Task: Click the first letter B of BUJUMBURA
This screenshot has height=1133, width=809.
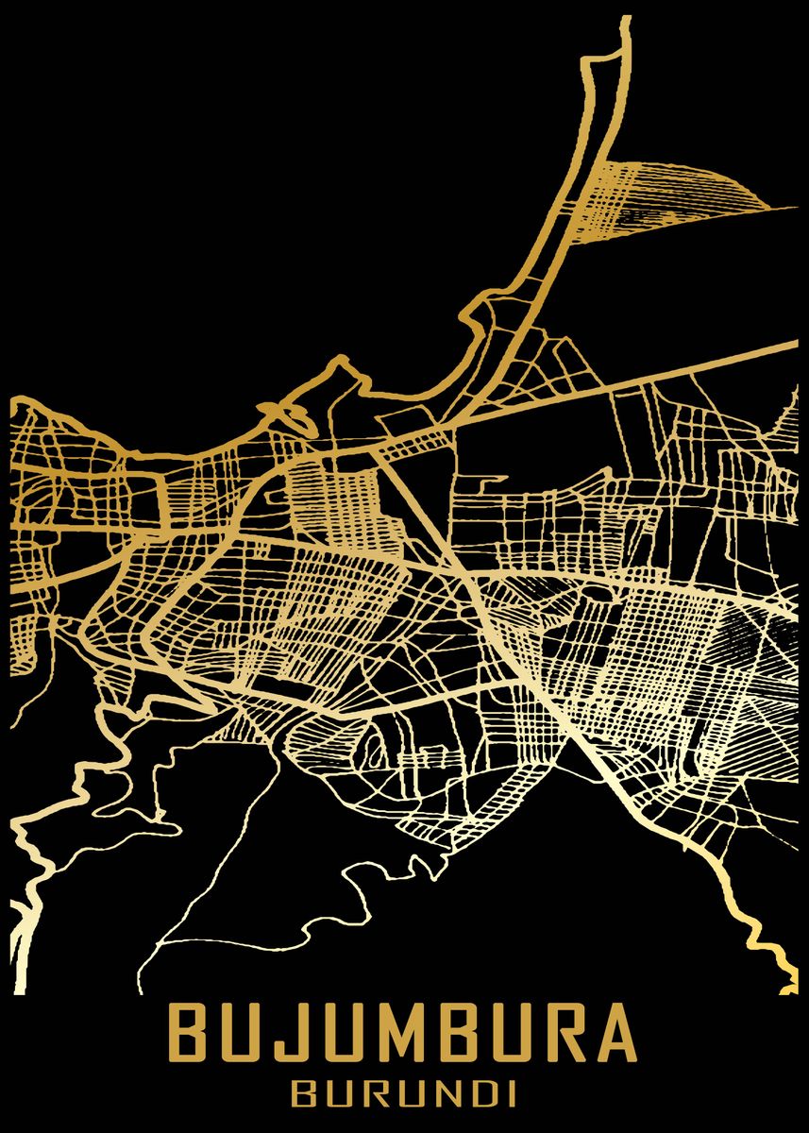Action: [x=194, y=1034]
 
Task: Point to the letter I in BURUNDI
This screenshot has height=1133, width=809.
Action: [x=508, y=1095]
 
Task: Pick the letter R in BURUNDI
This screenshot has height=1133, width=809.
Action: [x=371, y=1095]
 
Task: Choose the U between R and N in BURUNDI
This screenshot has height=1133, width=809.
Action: [x=405, y=1095]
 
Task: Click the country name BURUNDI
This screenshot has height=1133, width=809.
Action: [x=404, y=1095]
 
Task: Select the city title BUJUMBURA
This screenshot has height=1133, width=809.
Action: [x=404, y=1034]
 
